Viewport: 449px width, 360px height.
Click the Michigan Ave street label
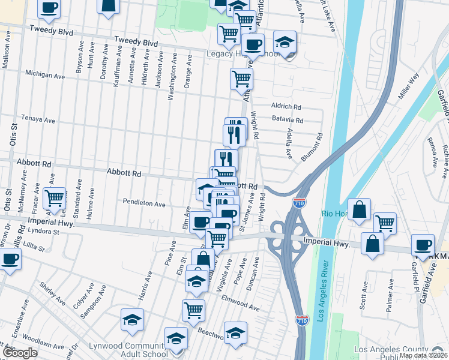tap(44, 76)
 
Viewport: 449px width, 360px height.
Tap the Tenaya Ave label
tap(38, 119)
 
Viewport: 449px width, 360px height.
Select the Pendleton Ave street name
tap(143, 203)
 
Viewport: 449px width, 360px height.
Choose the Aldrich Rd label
tap(286, 106)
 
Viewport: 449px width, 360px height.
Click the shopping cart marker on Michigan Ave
tap(241, 78)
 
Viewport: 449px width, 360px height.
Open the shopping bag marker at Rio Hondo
tap(359, 210)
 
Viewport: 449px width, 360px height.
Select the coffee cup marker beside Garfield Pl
tap(423, 245)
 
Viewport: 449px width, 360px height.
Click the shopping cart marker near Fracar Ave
tap(54, 197)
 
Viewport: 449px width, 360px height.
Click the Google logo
tap(20, 353)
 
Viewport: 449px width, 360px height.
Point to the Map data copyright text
tap(423, 355)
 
